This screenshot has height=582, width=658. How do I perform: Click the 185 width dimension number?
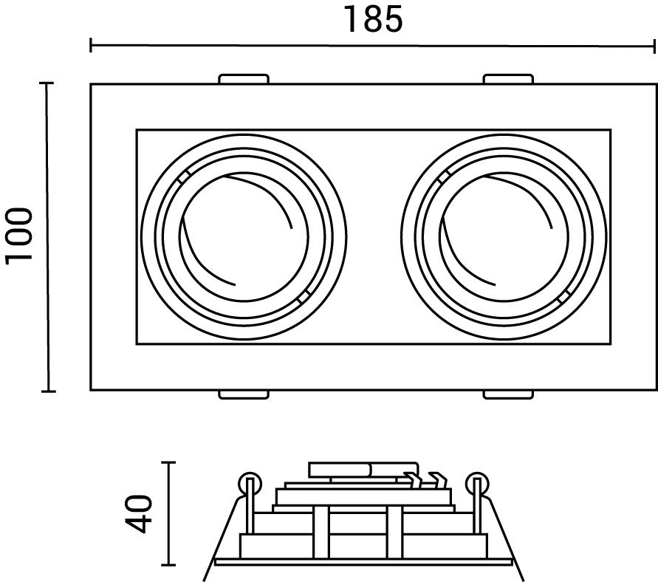(x=373, y=19)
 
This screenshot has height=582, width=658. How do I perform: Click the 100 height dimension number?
(x=19, y=236)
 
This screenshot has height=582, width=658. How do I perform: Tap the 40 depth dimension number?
(x=138, y=514)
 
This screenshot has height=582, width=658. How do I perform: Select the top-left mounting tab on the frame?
(x=244, y=79)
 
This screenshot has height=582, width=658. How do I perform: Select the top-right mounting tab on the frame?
(x=508, y=79)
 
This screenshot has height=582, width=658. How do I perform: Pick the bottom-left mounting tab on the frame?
(x=244, y=394)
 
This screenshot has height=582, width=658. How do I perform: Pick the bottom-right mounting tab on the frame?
(x=508, y=394)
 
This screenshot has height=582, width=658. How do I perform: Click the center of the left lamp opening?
(x=244, y=236)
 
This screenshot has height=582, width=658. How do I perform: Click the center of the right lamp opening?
(x=504, y=236)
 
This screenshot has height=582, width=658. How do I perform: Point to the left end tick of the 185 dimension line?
(x=91, y=45)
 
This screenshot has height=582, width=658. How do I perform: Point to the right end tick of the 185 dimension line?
(x=654, y=46)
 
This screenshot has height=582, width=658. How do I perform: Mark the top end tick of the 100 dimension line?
(x=47, y=83)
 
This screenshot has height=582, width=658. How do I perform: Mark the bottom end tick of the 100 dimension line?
(x=49, y=391)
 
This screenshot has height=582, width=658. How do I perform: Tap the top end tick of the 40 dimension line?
(x=168, y=462)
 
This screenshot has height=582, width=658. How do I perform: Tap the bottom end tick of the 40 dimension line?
(x=168, y=565)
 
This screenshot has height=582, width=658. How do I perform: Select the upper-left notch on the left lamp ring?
(x=183, y=176)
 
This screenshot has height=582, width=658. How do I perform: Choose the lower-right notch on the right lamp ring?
(x=564, y=296)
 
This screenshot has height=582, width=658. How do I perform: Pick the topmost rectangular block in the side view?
(x=363, y=470)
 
